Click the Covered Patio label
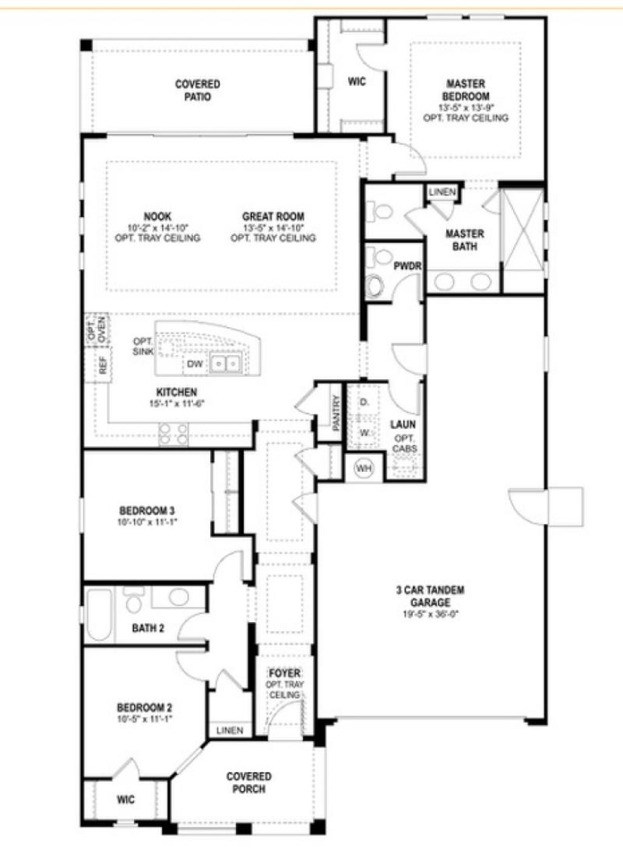point(197,90)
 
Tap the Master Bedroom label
point(466,89)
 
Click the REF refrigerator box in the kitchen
point(103,367)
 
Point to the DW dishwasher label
point(194,364)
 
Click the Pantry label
point(336,412)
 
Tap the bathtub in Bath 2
point(99,615)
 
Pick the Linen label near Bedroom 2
point(230,730)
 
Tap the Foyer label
point(284,673)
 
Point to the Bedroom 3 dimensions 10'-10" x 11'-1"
point(147,522)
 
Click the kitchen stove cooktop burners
point(174,433)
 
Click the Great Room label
point(273,216)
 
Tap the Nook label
point(157,216)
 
